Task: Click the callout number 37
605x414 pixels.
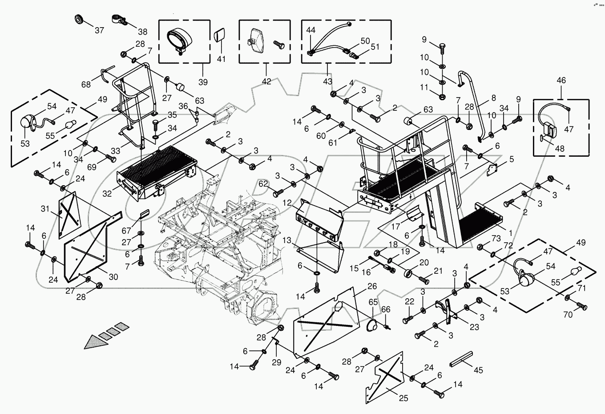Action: pyautogui.click(x=99, y=30)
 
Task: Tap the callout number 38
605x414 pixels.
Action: pyautogui.click(x=143, y=32)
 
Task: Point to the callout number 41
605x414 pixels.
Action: pyautogui.click(x=221, y=59)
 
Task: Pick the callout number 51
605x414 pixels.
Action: pyautogui.click(x=375, y=47)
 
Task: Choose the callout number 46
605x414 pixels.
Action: pyautogui.click(x=561, y=80)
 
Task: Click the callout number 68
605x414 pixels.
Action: pyautogui.click(x=86, y=85)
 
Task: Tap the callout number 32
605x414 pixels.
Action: pyautogui.click(x=107, y=194)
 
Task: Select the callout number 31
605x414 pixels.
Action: pyautogui.click(x=45, y=209)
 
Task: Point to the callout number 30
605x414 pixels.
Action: pyautogui.click(x=113, y=277)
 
